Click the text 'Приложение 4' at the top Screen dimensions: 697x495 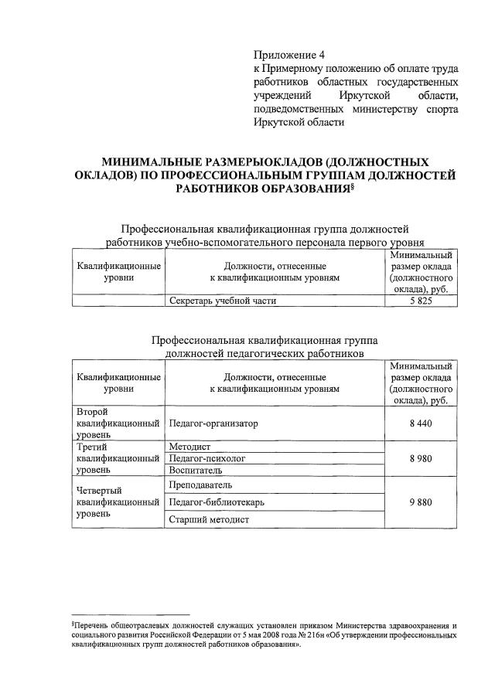tap(290, 54)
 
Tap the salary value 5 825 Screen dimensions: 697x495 tap(422, 301)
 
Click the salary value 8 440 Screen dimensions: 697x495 tap(422, 423)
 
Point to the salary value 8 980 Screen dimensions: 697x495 tap(422, 458)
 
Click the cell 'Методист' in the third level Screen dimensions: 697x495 tap(189, 447)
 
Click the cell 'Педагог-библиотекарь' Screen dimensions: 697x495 tap(217, 502)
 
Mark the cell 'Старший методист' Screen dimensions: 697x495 tap(208, 520)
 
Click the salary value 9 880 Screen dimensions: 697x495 tap(422, 502)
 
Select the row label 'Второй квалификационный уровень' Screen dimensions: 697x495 tap(118, 423)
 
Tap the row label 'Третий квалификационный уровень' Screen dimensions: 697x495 tap(118, 458)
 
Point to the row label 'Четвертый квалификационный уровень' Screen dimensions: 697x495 tap(118, 502)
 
